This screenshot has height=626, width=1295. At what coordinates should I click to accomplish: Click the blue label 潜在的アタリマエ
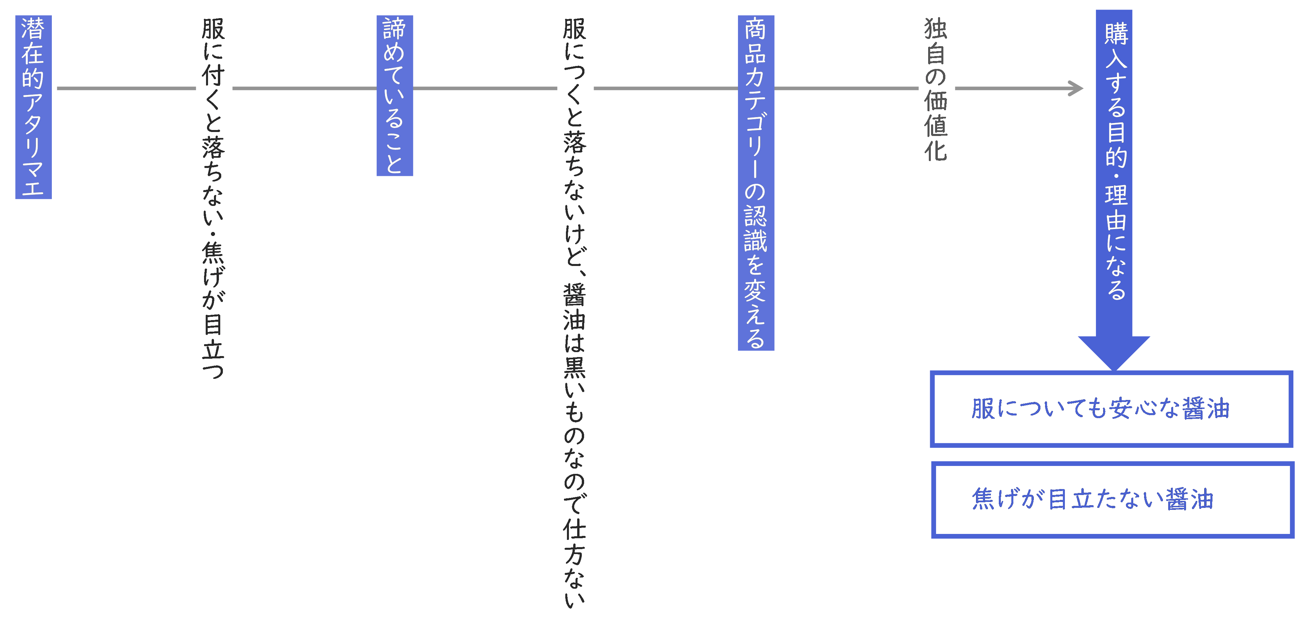[x=33, y=107]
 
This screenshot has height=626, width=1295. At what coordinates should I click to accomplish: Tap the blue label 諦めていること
[x=395, y=95]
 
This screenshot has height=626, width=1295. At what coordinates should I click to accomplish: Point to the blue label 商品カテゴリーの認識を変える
[x=755, y=182]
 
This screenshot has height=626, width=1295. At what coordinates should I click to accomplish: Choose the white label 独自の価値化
[x=936, y=89]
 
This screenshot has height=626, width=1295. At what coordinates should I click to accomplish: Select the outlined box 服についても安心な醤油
[x=1111, y=409]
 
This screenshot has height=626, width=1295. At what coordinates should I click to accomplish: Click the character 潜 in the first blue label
[x=33, y=29]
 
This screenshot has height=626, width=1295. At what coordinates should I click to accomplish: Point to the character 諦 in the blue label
[x=395, y=29]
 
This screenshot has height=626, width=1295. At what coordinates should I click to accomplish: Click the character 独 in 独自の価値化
[x=936, y=29]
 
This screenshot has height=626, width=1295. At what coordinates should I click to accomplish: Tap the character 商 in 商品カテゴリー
[x=755, y=29]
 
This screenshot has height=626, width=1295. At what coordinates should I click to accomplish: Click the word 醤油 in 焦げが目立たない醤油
[x=1189, y=499]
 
